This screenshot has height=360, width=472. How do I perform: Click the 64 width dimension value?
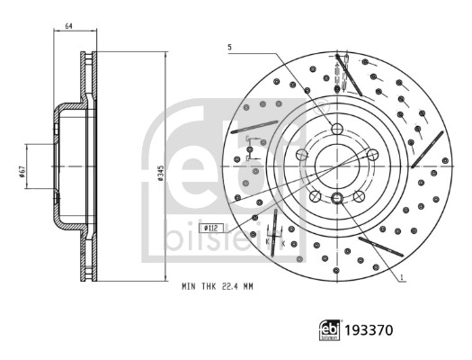point(68,26)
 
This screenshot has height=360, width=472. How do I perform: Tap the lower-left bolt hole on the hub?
point(316,195)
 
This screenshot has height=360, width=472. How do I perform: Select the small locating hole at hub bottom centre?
point(336,198)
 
